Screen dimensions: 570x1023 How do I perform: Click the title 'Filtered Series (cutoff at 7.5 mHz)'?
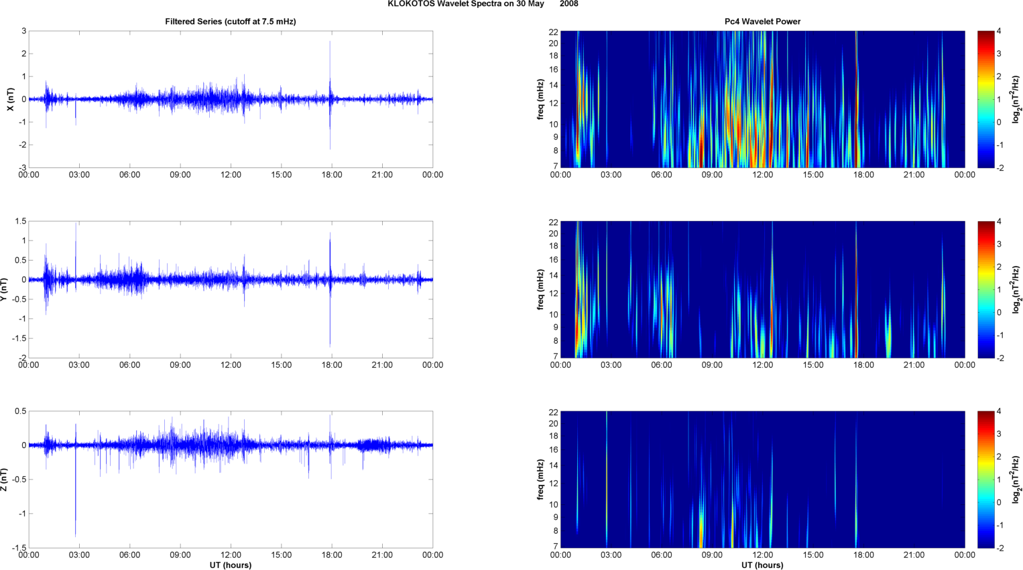click(x=230, y=21)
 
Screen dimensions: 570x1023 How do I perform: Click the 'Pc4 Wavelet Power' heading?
click(x=762, y=21)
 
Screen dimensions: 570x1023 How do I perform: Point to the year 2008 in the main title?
click(x=568, y=4)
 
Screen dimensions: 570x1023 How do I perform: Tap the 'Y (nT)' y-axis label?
click(x=4, y=289)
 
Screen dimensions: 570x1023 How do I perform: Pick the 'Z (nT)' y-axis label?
click(x=4, y=480)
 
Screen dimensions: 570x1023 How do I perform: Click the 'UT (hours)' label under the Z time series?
click(x=230, y=565)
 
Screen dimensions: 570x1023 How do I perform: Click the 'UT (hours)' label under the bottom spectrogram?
click(x=762, y=565)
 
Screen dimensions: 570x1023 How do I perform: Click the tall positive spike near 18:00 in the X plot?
click(x=330, y=50)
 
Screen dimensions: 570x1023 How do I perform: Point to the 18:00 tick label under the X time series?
click(x=332, y=175)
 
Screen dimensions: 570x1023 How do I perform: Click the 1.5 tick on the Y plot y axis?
click(x=19, y=221)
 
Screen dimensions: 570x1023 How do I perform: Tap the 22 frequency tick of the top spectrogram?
click(x=553, y=31)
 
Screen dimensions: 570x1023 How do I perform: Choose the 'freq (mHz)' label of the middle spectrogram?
click(x=540, y=289)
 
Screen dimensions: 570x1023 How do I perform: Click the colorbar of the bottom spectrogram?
click(x=985, y=480)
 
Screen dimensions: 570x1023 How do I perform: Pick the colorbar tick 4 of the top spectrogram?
click(x=999, y=31)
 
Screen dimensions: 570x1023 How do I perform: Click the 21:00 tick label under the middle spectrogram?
click(x=914, y=365)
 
